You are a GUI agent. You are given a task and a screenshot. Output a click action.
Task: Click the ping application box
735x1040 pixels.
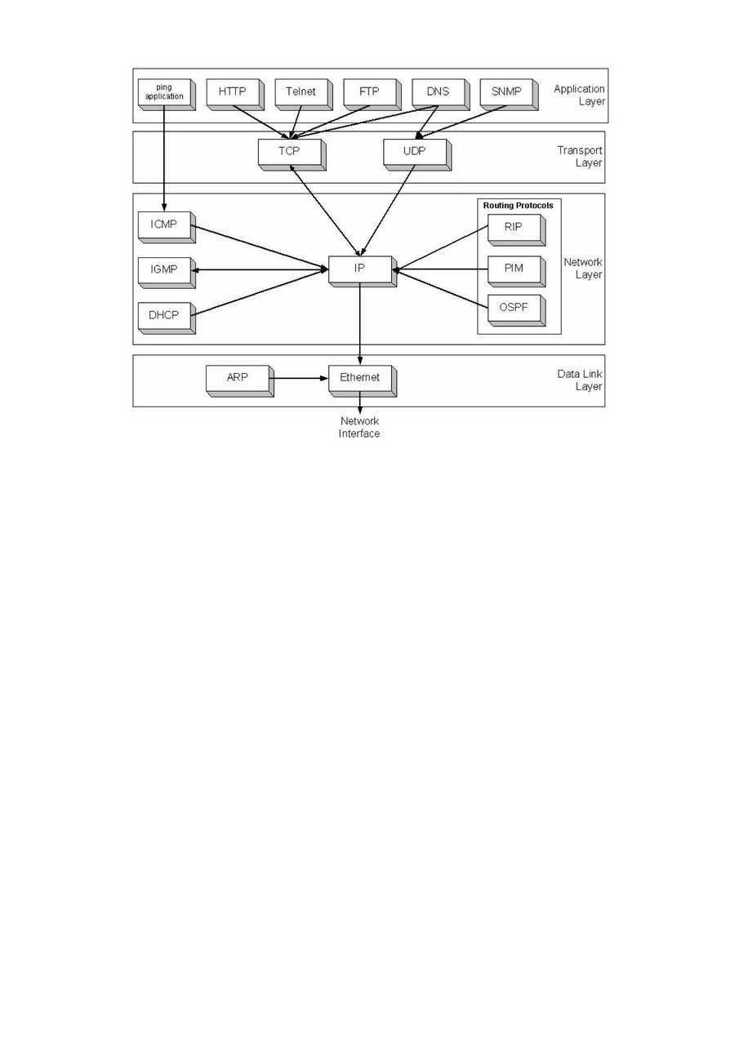(x=164, y=92)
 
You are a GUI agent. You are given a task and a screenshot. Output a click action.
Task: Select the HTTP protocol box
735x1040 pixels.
(x=233, y=91)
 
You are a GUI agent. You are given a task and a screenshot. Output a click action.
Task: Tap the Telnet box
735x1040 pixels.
(x=301, y=91)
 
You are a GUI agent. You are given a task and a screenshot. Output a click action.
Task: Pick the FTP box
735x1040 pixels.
(x=369, y=91)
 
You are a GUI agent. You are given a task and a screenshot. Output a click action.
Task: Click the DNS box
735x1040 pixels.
(x=438, y=91)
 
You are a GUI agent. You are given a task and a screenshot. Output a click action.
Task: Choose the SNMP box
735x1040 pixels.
(x=506, y=91)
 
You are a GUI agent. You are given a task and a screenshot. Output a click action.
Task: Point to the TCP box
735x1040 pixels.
(x=288, y=152)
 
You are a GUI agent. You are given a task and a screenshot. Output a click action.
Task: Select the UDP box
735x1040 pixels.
(x=414, y=152)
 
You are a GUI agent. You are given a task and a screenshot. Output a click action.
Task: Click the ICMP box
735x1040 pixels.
(x=164, y=224)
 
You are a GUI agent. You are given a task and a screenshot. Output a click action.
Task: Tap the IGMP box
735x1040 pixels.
(x=164, y=269)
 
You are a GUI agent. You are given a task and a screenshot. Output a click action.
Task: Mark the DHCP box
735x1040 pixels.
(x=164, y=314)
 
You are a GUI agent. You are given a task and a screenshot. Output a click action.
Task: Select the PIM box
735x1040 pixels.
(x=514, y=269)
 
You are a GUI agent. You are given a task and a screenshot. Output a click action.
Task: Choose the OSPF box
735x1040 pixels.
(x=514, y=309)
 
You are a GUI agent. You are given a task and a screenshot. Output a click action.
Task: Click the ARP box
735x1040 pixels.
(x=237, y=378)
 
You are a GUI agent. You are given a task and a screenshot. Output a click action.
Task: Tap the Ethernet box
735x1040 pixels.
(x=359, y=378)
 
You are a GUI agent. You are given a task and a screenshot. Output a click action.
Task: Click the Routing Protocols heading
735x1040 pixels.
(x=518, y=206)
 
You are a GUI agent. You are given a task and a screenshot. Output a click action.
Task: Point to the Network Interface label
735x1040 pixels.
(x=359, y=428)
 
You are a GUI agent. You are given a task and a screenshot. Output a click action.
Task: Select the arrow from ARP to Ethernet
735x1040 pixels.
(x=299, y=378)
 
